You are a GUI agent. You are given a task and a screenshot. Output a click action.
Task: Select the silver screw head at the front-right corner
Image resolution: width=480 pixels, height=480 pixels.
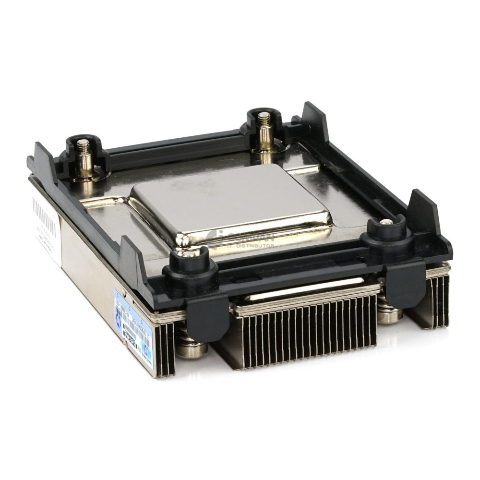[x=386, y=222]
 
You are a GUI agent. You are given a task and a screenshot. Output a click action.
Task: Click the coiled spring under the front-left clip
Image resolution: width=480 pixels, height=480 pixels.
[x=191, y=343]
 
